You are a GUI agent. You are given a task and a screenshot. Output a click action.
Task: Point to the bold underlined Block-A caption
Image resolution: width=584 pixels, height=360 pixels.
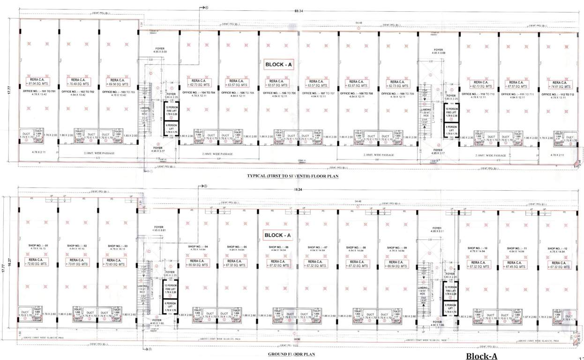pos(481,356)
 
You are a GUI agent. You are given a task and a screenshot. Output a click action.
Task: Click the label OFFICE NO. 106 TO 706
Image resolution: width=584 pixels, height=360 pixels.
pos(279,93)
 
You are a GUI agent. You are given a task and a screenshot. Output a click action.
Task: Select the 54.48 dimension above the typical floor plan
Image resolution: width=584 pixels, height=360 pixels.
pos(359,22)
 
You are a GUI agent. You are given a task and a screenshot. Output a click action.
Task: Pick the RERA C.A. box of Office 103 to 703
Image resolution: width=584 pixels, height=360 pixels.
pos(115,82)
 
